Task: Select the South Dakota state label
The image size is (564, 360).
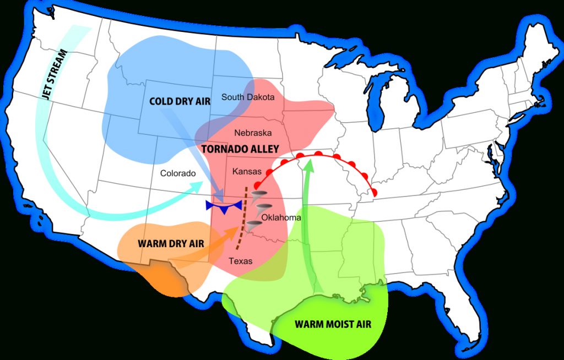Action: tap(248, 97)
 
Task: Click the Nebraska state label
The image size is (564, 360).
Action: tap(253, 133)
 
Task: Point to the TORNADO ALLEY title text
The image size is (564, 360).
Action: tap(240, 149)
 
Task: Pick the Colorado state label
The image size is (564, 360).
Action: tap(178, 173)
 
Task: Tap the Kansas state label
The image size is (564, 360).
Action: tap(247, 172)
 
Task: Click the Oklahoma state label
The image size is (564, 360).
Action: tap(281, 217)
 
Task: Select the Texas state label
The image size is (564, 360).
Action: tap(241, 260)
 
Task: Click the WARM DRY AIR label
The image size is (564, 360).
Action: tap(171, 243)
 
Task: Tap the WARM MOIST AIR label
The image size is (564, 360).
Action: tap(333, 324)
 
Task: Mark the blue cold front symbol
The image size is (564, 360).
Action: tap(224, 206)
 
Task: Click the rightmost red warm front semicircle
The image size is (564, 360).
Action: tap(375, 192)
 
